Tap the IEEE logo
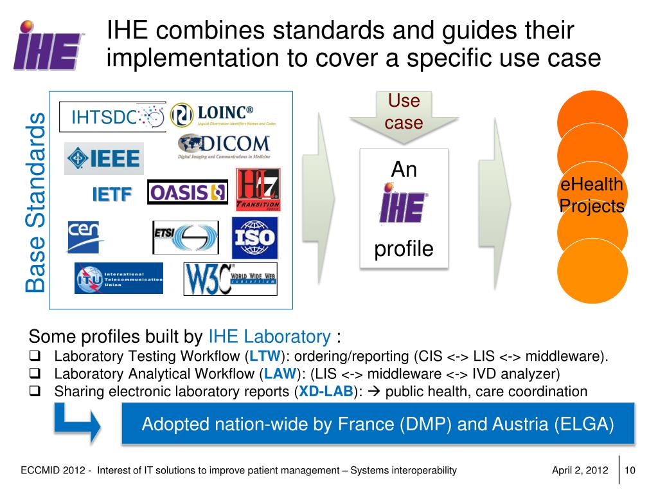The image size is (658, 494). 104,158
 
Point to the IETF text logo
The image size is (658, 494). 112,194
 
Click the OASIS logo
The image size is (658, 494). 188,192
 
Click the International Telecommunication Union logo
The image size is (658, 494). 119,278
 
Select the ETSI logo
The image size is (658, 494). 185,237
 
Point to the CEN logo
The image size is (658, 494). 85,236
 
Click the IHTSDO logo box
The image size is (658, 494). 112,116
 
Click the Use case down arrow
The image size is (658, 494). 404,116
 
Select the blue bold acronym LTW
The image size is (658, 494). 263,357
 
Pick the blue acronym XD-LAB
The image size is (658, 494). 326,392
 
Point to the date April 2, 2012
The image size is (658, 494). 580,470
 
